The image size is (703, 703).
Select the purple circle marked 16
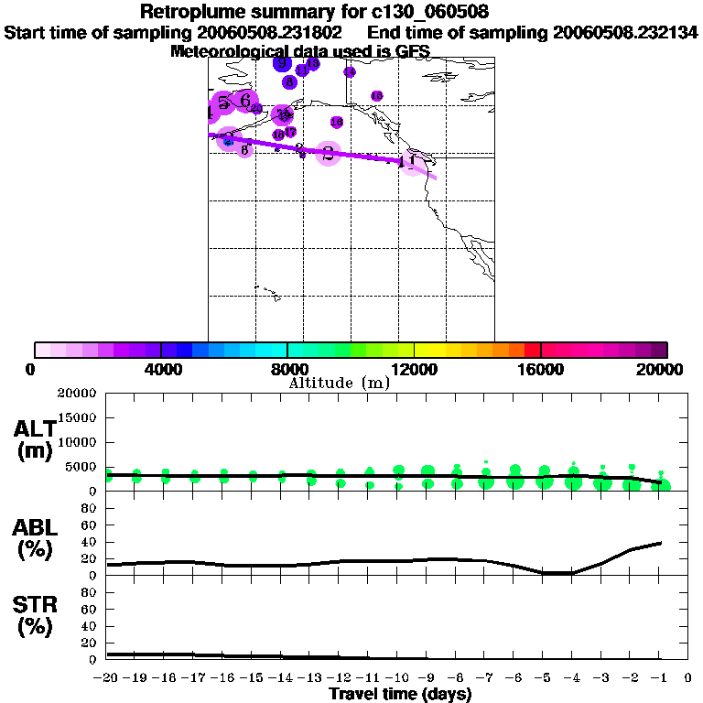point(336,122)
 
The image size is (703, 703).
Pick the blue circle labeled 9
point(282,62)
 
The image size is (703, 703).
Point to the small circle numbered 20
point(256,109)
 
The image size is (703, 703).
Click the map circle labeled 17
point(290,132)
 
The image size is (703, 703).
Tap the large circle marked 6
point(244,100)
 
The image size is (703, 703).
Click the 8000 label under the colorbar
point(287,369)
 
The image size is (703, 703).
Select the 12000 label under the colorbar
point(414,369)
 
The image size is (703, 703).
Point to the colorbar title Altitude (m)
point(339,383)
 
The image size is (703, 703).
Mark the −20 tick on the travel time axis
point(108,678)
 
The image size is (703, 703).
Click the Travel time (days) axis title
point(400,694)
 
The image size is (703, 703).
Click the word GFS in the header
point(411,51)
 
